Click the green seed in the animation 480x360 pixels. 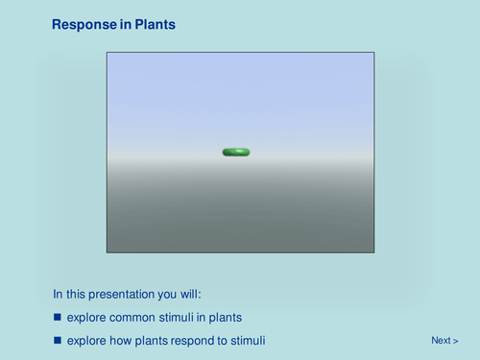(236, 152)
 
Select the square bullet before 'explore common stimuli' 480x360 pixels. (57, 317)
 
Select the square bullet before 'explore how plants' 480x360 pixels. (57, 340)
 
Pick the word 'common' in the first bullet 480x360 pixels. (129, 317)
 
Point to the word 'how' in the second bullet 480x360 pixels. (118, 340)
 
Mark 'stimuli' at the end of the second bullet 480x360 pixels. (244, 340)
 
